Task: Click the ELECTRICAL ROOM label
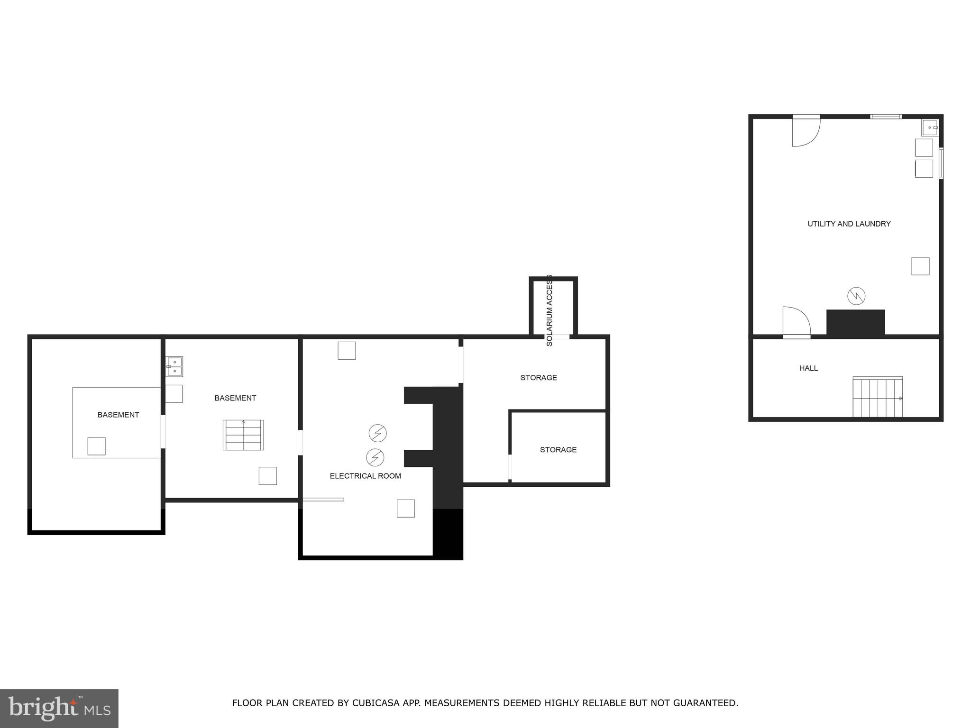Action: (365, 476)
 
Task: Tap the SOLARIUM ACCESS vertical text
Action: (550, 310)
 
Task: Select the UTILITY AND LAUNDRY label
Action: (849, 224)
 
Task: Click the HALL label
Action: (808, 368)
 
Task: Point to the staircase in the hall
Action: (877, 397)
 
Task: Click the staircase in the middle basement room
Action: (243, 435)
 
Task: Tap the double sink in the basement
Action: (174, 366)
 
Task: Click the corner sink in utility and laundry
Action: (929, 127)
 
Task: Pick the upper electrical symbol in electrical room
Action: (378, 433)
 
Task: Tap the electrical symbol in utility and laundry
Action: (856, 296)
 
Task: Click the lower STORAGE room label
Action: (558, 450)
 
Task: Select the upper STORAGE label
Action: (539, 378)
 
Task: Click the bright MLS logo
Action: (59, 708)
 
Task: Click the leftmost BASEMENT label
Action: (118, 415)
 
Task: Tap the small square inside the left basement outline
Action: (96, 446)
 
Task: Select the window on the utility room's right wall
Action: (941, 163)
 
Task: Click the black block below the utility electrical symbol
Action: (855, 323)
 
